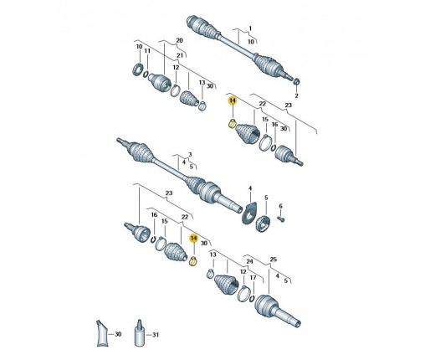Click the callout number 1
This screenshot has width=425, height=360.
tap(250, 28)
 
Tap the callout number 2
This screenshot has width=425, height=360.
tap(296, 95)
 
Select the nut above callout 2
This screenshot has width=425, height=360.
tap(297, 81)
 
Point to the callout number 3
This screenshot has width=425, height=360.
tap(190, 154)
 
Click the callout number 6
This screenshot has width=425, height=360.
tap(280, 206)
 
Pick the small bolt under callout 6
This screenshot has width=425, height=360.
tap(281, 220)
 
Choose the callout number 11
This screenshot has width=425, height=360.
tap(147, 51)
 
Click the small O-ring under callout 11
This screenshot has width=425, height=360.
tap(146, 75)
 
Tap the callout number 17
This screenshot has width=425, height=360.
tap(253, 278)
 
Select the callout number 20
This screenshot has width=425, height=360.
tap(179, 40)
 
